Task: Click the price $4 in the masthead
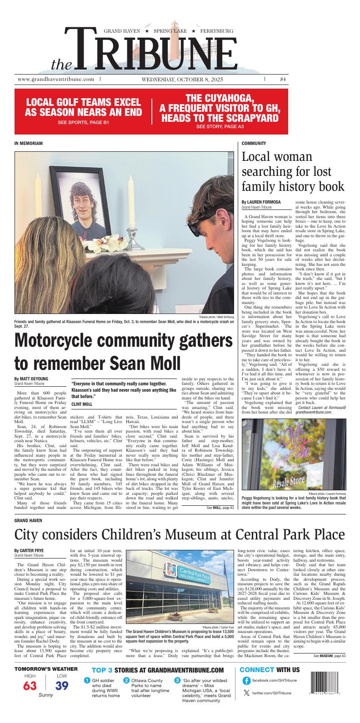(x=283, y=79)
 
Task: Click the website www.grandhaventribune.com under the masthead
(x=56, y=79)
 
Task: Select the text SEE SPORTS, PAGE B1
(x=83, y=123)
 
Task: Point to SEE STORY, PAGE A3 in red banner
(x=220, y=126)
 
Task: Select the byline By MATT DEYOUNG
(x=31, y=379)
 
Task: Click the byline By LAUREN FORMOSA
(x=261, y=202)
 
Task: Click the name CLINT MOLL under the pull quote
(x=82, y=404)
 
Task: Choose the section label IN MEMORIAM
(x=29, y=143)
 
